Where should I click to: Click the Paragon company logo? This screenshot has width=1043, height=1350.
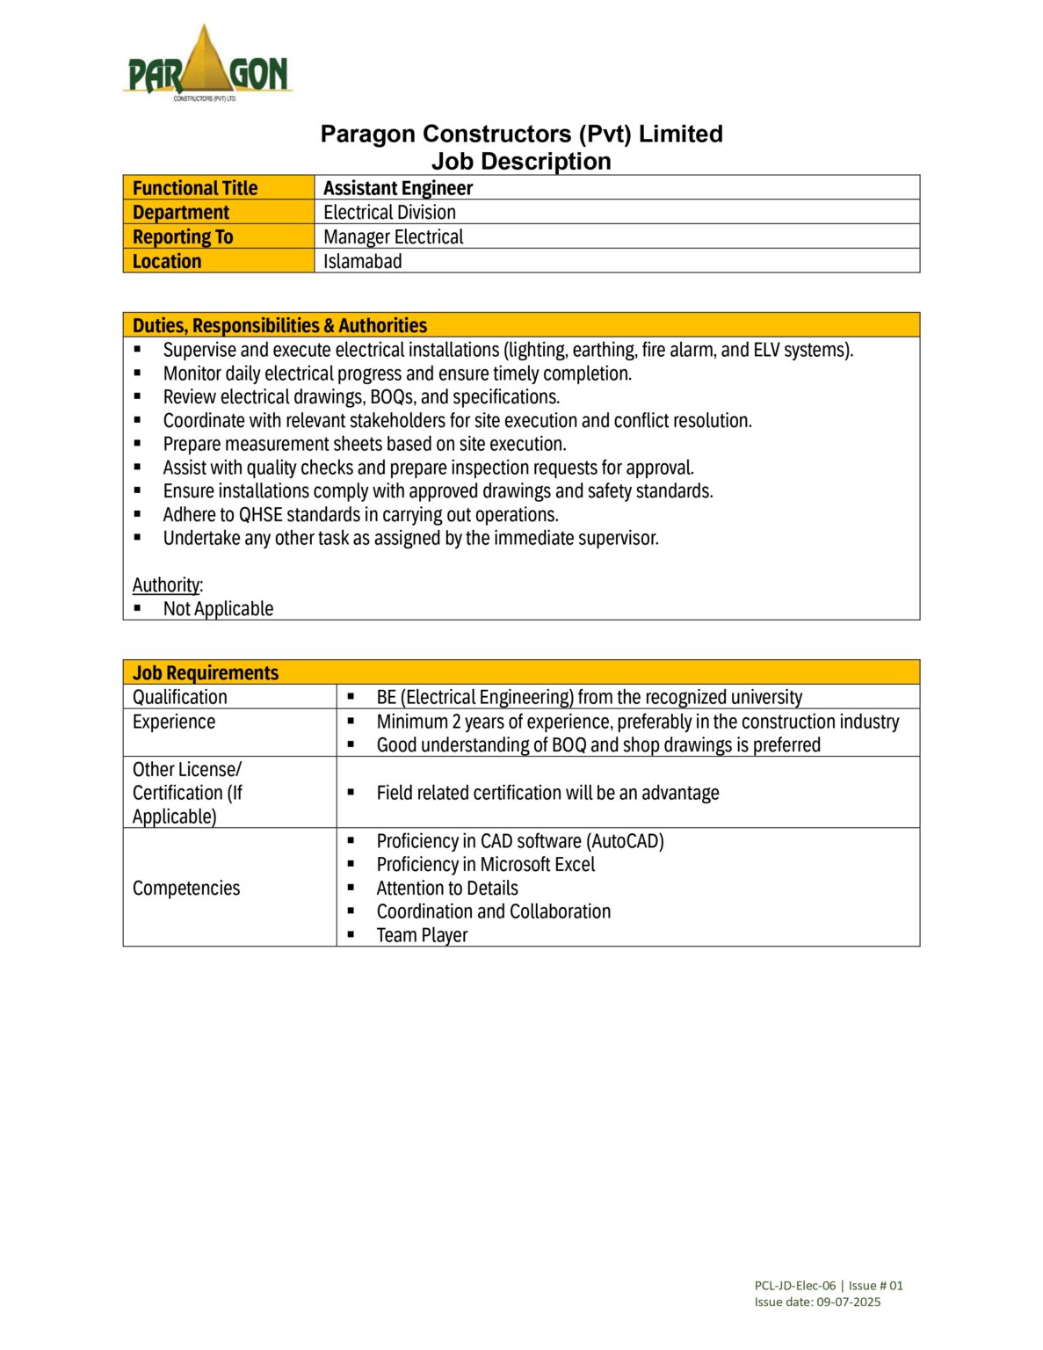pyautogui.click(x=207, y=64)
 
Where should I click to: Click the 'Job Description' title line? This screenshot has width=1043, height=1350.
pyautogui.click(x=521, y=162)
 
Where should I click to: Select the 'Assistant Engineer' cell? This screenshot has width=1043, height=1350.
pyautogui.click(x=398, y=188)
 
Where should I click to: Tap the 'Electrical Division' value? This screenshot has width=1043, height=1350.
pyautogui.click(x=389, y=213)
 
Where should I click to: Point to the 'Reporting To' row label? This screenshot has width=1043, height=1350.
pyautogui.click(x=183, y=237)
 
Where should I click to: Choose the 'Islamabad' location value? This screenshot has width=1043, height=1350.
pyautogui.click(x=362, y=262)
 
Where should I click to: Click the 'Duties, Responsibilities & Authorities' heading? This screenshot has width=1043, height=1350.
pyautogui.click(x=279, y=326)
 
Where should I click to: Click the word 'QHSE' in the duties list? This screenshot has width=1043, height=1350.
pyautogui.click(x=260, y=515)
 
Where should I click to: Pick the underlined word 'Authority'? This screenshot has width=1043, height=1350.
pyautogui.click(x=166, y=585)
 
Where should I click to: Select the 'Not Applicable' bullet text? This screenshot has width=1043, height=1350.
pyautogui.click(x=218, y=609)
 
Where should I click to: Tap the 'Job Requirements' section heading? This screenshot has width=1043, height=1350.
pyautogui.click(x=206, y=673)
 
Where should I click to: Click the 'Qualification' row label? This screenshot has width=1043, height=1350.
pyautogui.click(x=180, y=698)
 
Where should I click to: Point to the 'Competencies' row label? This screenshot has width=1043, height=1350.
pyautogui.click(x=186, y=889)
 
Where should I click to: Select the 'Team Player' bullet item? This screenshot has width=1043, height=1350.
pyautogui.click(x=422, y=936)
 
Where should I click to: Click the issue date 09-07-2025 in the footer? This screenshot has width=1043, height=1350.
pyautogui.click(x=848, y=1303)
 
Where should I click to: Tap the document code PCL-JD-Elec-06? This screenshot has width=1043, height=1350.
pyautogui.click(x=794, y=1286)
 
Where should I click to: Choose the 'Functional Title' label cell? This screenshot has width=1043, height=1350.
pyautogui.click(x=195, y=188)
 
